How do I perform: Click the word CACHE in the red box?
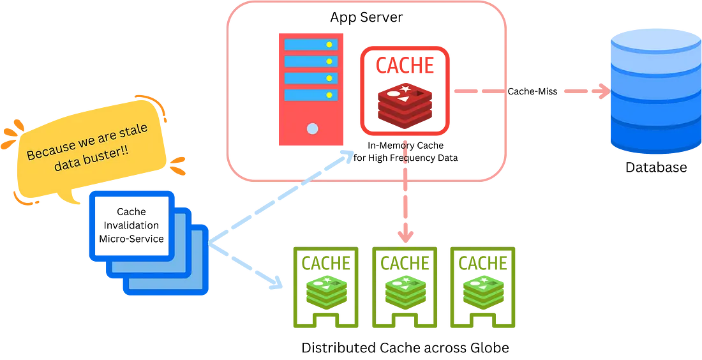pyautogui.click(x=405, y=65)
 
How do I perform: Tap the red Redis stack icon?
pyautogui.click(x=405, y=104)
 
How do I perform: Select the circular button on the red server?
pyautogui.click(x=312, y=129)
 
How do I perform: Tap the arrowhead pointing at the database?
pyautogui.click(x=602, y=92)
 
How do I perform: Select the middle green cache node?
pyautogui.click(x=405, y=287)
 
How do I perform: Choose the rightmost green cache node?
pyautogui.click(x=482, y=287)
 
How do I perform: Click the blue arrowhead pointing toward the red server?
pyautogui.click(x=349, y=157)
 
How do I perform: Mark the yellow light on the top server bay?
pyautogui.click(x=329, y=45)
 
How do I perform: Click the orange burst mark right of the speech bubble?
pyautogui.click(x=179, y=165)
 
